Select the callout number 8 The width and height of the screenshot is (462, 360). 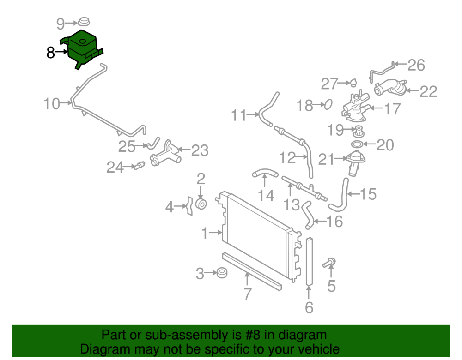[x=51, y=53]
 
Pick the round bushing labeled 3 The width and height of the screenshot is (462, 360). [x=222, y=273]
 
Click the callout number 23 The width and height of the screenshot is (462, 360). [x=200, y=150]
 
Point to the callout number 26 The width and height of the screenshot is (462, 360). [x=416, y=65]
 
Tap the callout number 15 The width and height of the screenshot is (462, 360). [x=368, y=194]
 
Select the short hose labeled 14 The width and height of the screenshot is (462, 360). [x=264, y=174]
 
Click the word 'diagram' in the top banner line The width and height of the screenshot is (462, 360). [x=303, y=335]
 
